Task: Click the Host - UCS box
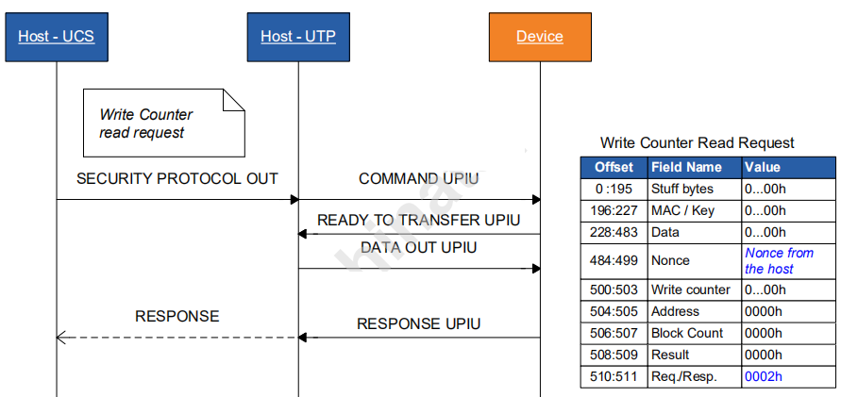pyautogui.click(x=57, y=37)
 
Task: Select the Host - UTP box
pyautogui.click(x=298, y=37)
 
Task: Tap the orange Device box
pyautogui.click(x=540, y=37)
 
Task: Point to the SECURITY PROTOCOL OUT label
pyautogui.click(x=177, y=178)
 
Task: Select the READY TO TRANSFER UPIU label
pyautogui.click(x=418, y=221)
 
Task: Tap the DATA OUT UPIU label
pyautogui.click(x=418, y=247)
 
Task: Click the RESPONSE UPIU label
pyautogui.click(x=418, y=323)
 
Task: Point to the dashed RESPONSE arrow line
pyautogui.click(x=177, y=337)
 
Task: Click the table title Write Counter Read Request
pyautogui.click(x=697, y=143)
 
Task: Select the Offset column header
pyautogui.click(x=614, y=167)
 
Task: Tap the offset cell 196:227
pyautogui.click(x=614, y=210)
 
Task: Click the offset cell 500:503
pyautogui.click(x=614, y=289)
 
